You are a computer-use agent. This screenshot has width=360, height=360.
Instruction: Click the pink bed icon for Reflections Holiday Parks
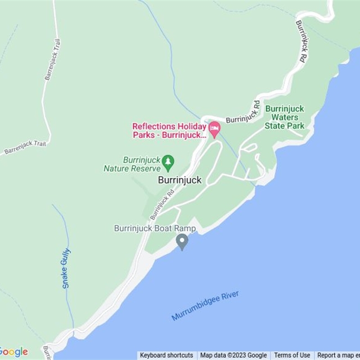pyautogui.click(x=214, y=129)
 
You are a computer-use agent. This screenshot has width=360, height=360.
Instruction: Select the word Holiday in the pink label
pyautogui.click(x=189, y=127)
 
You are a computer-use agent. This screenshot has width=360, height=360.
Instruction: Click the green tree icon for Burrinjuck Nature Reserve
pyautogui.click(x=168, y=162)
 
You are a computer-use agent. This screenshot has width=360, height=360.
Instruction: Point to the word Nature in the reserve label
pyautogui.click(x=117, y=169)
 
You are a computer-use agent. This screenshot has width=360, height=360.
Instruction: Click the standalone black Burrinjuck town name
pyautogui.click(x=180, y=180)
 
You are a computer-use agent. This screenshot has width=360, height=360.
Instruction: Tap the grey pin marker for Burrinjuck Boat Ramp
pyautogui.click(x=182, y=242)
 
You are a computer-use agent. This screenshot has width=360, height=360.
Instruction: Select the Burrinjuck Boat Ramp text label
pyautogui.click(x=155, y=229)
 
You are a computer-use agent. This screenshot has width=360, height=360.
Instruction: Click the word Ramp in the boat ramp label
pyautogui.click(x=186, y=229)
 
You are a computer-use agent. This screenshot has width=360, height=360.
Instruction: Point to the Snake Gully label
pyautogui.click(x=66, y=268)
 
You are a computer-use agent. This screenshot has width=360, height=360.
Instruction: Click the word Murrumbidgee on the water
pyautogui.click(x=196, y=309)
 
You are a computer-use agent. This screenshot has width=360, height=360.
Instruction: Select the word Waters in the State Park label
pyautogui.click(x=284, y=117)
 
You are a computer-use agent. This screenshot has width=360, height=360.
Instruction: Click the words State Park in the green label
pyautogui.click(x=284, y=126)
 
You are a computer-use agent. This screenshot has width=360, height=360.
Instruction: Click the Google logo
pyautogui.click(x=13, y=351)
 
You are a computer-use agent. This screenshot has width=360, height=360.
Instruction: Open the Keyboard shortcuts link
pyautogui.click(x=166, y=355)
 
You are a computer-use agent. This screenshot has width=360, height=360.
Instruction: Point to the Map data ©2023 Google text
pyautogui.click(x=234, y=355)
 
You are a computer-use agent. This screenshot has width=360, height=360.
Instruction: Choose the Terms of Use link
pyautogui.click(x=292, y=355)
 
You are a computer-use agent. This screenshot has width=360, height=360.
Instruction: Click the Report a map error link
pyautogui.click(x=338, y=355)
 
